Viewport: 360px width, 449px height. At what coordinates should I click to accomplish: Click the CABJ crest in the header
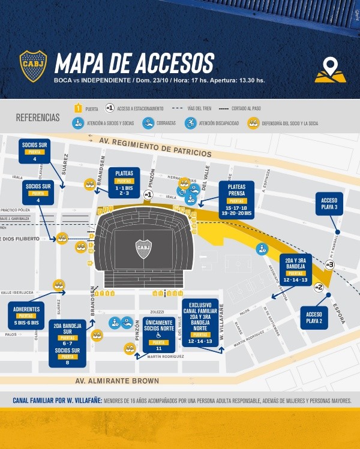coord(33,65)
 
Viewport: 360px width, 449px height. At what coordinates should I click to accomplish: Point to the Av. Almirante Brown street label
coord(118,381)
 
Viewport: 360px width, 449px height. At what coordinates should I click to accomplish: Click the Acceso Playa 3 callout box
coord(329,204)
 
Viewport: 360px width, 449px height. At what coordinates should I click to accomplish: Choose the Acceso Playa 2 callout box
coord(314,318)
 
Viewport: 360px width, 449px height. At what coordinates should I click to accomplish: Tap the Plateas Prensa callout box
coord(236,200)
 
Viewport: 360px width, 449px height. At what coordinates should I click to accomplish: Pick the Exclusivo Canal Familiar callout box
coord(200,323)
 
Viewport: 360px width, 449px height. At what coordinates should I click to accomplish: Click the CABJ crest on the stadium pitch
coord(143,248)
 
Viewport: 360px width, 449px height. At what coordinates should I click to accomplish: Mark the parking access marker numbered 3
coord(329,264)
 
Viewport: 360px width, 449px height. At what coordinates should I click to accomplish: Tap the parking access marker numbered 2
coord(319,287)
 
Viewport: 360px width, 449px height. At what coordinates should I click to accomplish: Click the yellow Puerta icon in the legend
coord(77,109)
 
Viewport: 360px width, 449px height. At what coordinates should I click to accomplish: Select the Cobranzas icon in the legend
coord(148,123)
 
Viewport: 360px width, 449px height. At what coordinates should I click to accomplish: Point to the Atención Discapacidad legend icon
coord(190,123)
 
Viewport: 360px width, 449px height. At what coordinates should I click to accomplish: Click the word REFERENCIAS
coord(38,117)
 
